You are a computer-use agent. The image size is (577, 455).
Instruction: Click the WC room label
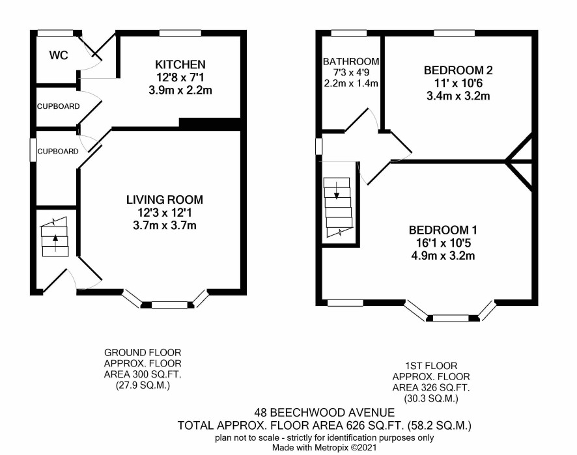[59, 55]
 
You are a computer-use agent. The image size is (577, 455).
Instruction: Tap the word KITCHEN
[180, 64]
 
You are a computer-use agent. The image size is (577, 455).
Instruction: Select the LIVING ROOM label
[165, 199]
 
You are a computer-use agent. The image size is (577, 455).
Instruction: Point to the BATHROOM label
[350, 61]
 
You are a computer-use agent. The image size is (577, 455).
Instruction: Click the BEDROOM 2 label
[458, 70]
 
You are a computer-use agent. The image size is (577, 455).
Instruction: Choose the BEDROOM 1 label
[443, 230]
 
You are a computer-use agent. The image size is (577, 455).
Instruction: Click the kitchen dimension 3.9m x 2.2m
[180, 90]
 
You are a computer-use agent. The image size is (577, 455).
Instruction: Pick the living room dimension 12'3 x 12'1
[165, 212]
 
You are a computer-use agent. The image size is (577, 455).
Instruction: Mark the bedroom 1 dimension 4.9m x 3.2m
[443, 255]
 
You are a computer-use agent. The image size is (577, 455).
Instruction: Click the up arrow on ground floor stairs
[55, 243]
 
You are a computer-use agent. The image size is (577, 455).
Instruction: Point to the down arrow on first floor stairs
[336, 191]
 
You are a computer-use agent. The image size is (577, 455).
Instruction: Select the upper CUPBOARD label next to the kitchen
[58, 106]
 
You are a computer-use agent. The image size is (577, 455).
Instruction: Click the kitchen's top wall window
[180, 33]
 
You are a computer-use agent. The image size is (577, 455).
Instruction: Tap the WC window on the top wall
[55, 33]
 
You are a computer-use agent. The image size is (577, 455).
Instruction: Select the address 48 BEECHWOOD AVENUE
[324, 412]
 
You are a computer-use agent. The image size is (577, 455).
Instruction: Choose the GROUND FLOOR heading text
[143, 352]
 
